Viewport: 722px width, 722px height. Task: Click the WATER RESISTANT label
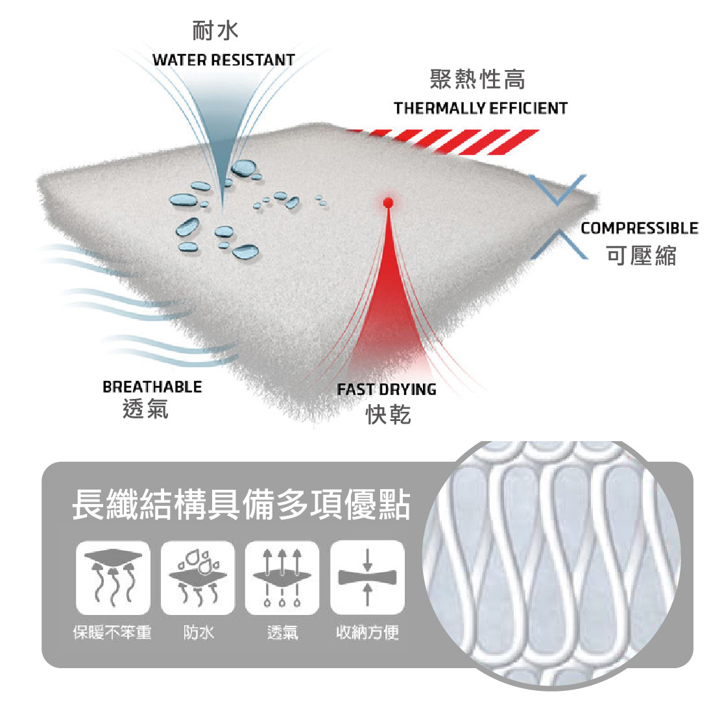point(224,60)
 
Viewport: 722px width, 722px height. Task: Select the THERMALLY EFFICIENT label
point(480,108)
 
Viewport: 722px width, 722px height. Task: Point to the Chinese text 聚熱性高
point(477,80)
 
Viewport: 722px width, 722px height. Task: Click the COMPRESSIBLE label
point(639,228)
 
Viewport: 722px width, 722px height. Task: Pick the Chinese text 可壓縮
point(641,256)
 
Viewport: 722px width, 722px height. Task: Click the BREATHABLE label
point(152,387)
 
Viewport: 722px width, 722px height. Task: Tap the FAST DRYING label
point(386,390)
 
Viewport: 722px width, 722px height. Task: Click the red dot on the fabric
point(388,203)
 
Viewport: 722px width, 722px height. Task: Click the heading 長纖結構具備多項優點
point(241,505)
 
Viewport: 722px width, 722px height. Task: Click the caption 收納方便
point(367,632)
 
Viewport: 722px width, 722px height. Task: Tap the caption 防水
point(198,632)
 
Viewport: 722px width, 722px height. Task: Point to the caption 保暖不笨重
point(112,632)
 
